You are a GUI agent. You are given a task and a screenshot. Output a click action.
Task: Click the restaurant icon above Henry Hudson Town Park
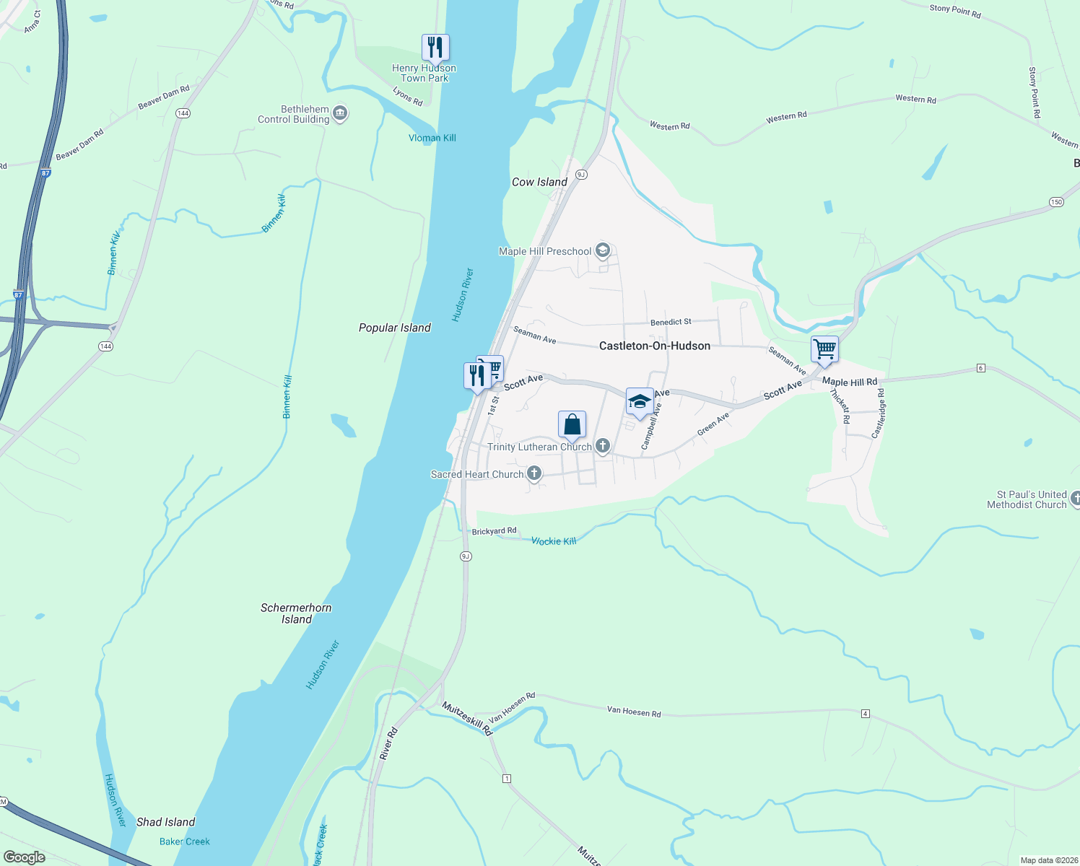(435, 48)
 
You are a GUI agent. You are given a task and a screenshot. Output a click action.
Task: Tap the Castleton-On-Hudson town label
(654, 346)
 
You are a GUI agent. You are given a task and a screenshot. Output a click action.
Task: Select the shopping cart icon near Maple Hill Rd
(824, 350)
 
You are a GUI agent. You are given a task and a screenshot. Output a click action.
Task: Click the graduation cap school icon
(640, 402)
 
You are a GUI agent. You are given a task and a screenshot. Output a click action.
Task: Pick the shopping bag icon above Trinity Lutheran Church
(572, 425)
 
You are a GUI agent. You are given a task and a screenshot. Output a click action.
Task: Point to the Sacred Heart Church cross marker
(534, 473)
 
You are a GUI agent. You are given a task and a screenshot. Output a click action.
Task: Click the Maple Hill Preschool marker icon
(604, 250)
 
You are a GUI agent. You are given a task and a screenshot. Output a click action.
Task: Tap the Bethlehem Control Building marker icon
(341, 113)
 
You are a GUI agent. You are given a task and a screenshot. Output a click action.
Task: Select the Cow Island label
(539, 182)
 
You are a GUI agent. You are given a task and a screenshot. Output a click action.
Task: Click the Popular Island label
(394, 328)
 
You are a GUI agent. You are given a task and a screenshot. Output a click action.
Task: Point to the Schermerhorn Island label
(296, 613)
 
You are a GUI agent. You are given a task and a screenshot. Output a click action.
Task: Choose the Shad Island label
(165, 822)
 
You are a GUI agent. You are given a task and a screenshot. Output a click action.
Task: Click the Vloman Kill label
(432, 138)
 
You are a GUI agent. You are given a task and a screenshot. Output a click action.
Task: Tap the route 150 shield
(1057, 202)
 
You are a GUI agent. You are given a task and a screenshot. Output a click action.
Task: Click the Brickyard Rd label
(494, 531)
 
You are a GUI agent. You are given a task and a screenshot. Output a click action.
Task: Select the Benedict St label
(671, 322)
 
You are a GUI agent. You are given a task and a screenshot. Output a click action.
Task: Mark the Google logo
(25, 857)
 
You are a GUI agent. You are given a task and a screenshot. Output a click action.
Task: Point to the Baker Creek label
(184, 841)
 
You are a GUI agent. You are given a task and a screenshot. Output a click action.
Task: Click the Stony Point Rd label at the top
(954, 10)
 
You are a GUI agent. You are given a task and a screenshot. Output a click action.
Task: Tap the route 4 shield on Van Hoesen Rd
(865, 714)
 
